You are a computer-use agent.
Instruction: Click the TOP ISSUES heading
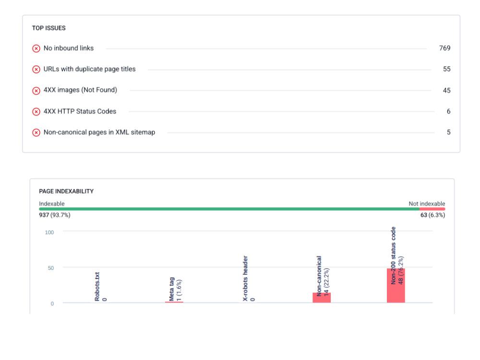(48, 28)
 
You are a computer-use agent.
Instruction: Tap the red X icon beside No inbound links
(36, 48)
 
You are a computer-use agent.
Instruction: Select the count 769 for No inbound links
(444, 48)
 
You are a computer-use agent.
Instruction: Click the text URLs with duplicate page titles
(89, 69)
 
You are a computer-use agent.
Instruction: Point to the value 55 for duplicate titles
(446, 69)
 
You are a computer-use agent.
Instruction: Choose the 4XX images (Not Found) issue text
(80, 90)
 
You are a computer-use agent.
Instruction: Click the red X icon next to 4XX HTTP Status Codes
(36, 112)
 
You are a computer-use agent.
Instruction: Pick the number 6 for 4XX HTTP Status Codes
(448, 111)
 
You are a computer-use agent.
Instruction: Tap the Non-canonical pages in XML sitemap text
(99, 132)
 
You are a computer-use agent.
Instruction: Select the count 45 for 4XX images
(446, 91)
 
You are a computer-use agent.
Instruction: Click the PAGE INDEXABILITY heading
(66, 192)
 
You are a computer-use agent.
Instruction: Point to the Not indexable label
(427, 204)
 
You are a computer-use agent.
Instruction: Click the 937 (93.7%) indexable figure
(55, 215)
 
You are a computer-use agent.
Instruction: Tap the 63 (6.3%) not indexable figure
(432, 215)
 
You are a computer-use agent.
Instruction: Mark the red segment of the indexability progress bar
(432, 209)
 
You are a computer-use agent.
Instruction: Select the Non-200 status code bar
(396, 286)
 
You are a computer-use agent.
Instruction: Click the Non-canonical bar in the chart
(322, 298)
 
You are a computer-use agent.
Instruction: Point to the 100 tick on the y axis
(49, 232)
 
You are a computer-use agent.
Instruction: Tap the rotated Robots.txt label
(97, 287)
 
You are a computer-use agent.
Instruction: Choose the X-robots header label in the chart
(245, 278)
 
